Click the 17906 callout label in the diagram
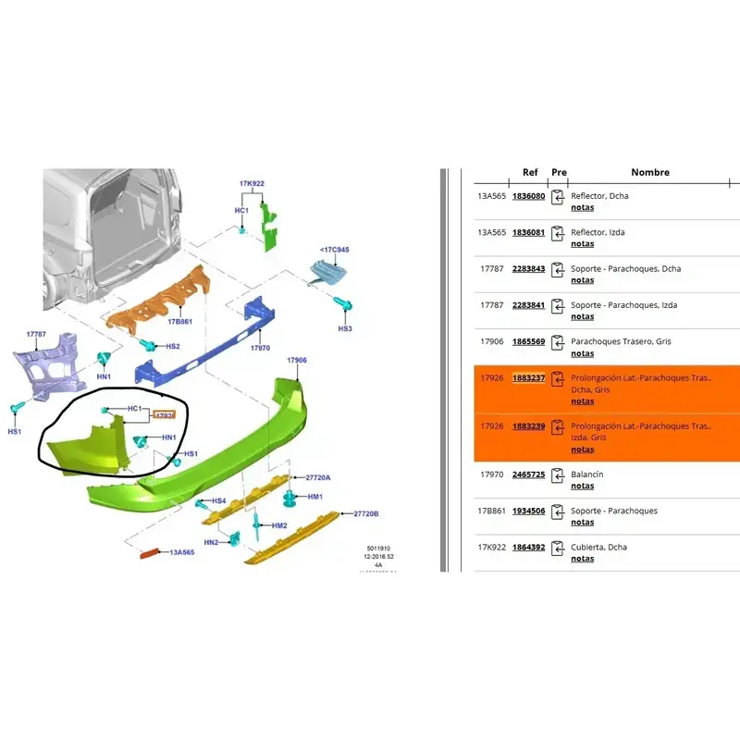click(296, 360)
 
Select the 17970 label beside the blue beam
click(260, 349)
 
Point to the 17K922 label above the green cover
click(253, 184)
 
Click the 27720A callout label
click(317, 477)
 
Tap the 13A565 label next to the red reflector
click(181, 552)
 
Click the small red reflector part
click(150, 554)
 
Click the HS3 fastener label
click(345, 328)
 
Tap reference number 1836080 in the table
click(528, 196)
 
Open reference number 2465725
click(528, 475)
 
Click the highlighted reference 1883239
click(528, 426)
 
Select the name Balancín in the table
click(588, 475)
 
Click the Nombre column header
click(650, 172)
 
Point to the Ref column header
click(530, 172)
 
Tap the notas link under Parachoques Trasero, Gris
click(583, 353)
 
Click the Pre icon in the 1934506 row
click(558, 512)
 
